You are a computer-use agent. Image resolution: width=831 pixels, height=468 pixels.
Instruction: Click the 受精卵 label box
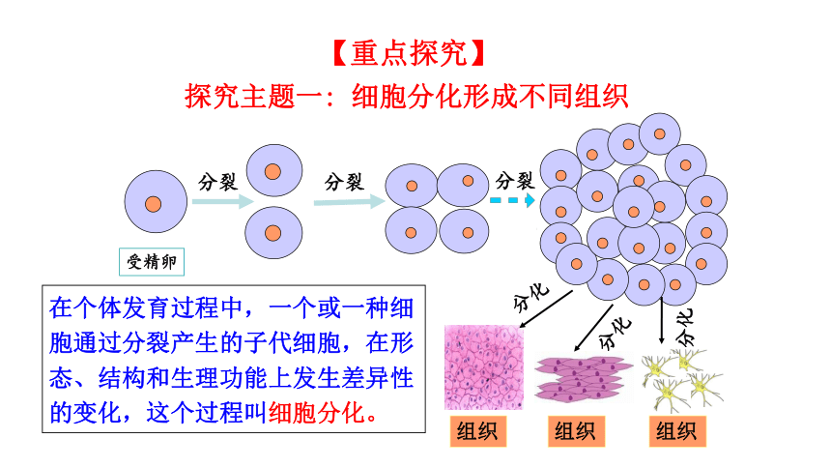click(152, 262)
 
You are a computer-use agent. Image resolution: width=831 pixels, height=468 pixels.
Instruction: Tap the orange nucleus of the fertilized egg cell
click(154, 204)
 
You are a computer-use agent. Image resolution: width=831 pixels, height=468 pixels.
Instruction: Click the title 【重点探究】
click(409, 53)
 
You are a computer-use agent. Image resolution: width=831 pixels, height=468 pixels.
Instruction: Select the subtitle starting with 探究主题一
click(406, 97)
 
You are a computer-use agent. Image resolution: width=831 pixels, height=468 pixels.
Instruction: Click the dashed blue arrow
click(512, 200)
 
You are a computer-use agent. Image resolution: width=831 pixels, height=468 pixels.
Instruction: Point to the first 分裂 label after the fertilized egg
click(217, 183)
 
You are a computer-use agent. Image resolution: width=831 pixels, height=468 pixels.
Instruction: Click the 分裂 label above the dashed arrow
click(515, 181)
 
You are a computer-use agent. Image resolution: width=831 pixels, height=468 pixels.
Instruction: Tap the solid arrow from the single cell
click(222, 202)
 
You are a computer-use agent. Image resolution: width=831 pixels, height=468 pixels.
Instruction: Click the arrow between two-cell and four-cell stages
click(349, 202)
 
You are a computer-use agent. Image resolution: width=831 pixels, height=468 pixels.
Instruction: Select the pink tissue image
click(484, 367)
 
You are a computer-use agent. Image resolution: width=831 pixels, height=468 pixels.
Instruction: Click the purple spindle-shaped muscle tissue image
click(584, 378)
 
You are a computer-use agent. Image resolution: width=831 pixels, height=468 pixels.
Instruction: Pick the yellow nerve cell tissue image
click(682, 380)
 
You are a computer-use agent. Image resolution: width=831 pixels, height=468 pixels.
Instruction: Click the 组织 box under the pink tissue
click(478, 431)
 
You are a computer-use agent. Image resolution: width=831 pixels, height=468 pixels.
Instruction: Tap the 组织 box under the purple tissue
click(576, 431)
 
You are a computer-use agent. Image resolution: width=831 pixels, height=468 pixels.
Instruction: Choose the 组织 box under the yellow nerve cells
click(677, 431)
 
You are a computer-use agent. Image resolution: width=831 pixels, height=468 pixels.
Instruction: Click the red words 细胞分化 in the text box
click(316, 413)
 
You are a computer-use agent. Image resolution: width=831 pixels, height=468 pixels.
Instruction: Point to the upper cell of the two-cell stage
click(274, 170)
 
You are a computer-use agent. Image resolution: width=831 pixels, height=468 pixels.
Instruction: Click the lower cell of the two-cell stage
click(273, 232)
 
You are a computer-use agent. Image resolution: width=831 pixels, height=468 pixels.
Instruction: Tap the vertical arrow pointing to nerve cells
click(661, 321)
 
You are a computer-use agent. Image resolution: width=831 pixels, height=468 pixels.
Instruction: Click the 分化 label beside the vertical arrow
click(685, 327)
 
